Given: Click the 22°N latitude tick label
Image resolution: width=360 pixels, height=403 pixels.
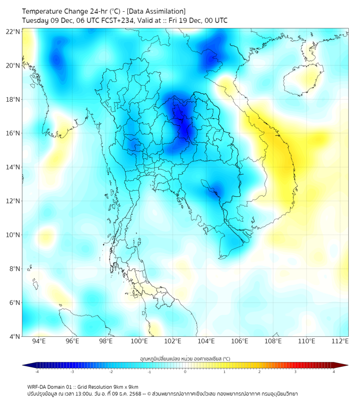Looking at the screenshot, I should coord(13,31).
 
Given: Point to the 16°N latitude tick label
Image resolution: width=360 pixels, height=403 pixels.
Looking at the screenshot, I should coord(13,133).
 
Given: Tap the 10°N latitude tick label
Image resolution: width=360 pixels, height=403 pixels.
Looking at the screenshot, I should coord(13,235).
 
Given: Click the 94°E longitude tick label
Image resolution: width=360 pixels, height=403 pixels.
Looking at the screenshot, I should coord(39,341).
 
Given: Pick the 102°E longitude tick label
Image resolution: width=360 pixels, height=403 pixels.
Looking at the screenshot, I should coord(173,341).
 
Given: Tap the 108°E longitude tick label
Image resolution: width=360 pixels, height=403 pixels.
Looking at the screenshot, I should coord(273,341).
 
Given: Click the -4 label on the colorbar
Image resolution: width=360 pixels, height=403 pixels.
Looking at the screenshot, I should coord(36,372).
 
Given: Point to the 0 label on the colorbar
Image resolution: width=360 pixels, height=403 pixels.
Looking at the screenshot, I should coord(185,372).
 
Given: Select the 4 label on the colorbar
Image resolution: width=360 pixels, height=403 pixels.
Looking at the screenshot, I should coord(334,372).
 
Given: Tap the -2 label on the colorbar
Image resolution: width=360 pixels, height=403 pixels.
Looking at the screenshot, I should coord(110,372).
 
